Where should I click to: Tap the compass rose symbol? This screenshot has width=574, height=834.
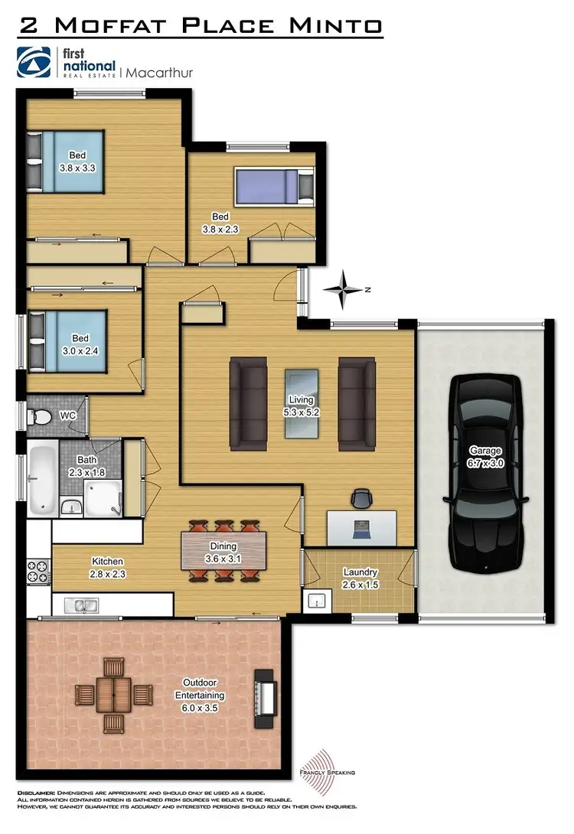(x=346, y=289)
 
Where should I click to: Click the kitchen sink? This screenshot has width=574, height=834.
(x=80, y=606)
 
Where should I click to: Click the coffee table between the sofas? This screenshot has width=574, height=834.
(x=302, y=404)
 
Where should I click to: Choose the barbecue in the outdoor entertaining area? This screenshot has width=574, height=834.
(x=266, y=694)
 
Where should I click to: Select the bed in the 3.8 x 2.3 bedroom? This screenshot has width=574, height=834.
(x=274, y=186)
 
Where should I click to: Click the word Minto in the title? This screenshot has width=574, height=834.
(x=338, y=25)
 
